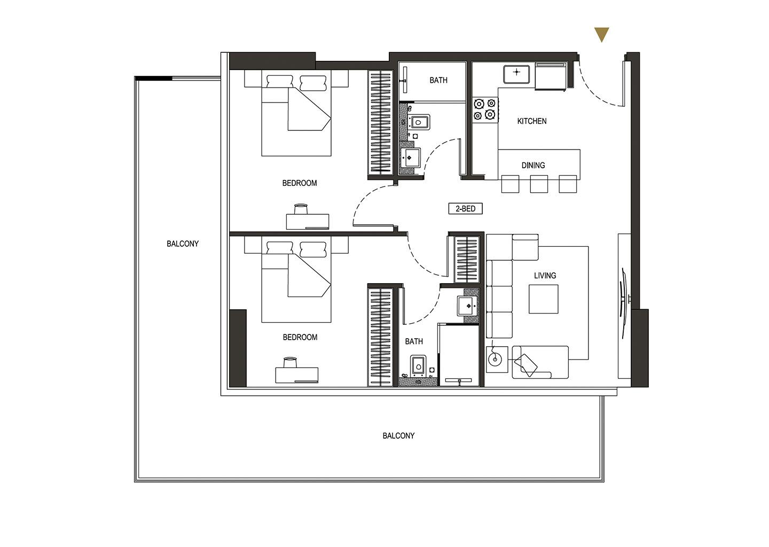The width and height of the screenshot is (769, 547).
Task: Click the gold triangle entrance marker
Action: tap(601, 33)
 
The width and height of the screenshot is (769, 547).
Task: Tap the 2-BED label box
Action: tap(466, 208)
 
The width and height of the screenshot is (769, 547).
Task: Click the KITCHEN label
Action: tap(532, 121)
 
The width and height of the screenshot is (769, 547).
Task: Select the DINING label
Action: tap(533, 165)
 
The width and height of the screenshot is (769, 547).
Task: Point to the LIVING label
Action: tap(545, 276)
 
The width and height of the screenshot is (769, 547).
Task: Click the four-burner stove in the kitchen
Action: tap(485, 110)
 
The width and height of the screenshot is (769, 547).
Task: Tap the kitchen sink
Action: tap(517, 74)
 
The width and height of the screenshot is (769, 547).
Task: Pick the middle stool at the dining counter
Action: tap(539, 184)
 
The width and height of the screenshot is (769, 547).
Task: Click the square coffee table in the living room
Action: tap(544, 299)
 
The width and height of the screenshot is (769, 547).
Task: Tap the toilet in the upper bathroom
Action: tap(418, 122)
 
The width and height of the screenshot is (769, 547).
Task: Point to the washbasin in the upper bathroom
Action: tap(410, 158)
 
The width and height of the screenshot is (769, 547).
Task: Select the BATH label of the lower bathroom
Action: tap(414, 341)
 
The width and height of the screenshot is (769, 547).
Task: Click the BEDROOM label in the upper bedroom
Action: tap(300, 183)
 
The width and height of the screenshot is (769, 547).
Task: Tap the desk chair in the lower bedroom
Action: tap(290, 362)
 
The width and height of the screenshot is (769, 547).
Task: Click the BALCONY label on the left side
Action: tap(183, 244)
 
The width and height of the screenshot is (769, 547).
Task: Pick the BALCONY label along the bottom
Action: tap(398, 435)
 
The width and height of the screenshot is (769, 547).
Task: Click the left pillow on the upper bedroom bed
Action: tap(280, 82)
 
